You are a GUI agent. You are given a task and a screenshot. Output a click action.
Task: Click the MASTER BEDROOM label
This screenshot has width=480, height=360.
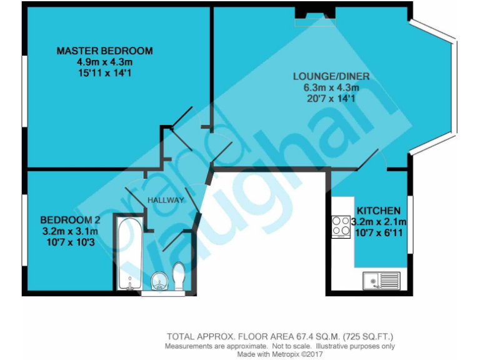click(x=104, y=51)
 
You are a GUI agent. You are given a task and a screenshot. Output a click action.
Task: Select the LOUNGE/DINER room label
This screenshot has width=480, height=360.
click(x=331, y=77)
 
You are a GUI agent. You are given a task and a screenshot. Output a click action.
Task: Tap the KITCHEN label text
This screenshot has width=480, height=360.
click(x=378, y=211)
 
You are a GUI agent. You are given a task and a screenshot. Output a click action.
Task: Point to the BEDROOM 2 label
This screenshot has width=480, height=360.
click(x=70, y=220)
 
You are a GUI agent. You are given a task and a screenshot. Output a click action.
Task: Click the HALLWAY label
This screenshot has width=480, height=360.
click(x=166, y=200)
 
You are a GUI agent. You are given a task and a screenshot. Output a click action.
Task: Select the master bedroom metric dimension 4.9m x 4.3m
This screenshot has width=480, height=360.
click(x=104, y=62)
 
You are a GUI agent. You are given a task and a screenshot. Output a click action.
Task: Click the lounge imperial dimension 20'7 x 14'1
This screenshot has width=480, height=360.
click(x=331, y=98)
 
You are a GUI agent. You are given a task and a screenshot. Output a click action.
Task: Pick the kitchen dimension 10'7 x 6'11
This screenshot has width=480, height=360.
click(x=381, y=232)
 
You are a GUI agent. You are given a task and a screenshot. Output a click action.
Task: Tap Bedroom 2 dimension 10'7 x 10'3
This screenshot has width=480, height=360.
click(x=70, y=241)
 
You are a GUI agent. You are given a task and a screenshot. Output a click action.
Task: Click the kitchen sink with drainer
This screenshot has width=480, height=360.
click(x=381, y=281)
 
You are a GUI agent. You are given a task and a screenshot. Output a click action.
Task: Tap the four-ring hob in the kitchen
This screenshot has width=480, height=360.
click(x=341, y=226)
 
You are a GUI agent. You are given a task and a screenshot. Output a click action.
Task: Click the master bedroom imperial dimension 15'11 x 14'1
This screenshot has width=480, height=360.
click(x=104, y=73)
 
